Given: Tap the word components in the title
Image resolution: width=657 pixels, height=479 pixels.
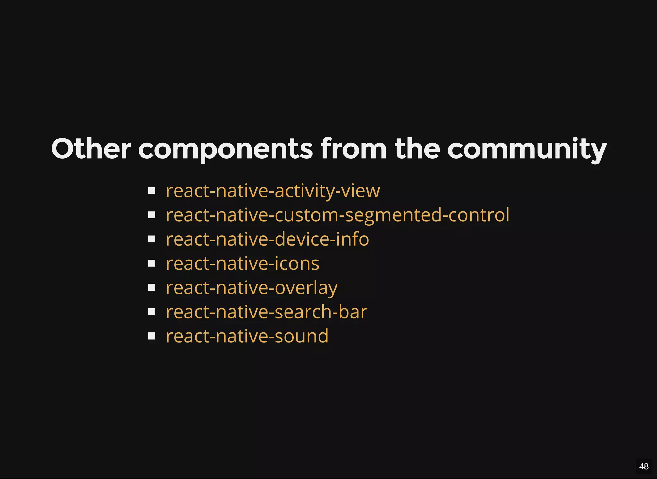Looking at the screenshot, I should pyautogui.click(x=225, y=149).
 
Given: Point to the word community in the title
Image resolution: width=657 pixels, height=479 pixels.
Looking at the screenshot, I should pyautogui.click(x=527, y=149).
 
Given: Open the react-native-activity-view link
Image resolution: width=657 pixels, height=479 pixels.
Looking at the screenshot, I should pyautogui.click(x=273, y=191).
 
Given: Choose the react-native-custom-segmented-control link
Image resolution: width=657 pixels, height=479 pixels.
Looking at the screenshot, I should pyautogui.click(x=337, y=215).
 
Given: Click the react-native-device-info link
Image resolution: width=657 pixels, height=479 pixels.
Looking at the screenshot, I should pyautogui.click(x=267, y=239).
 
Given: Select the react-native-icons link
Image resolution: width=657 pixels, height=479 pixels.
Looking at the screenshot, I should pyautogui.click(x=243, y=264).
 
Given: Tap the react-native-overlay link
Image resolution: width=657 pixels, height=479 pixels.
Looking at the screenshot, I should pyautogui.click(x=252, y=288).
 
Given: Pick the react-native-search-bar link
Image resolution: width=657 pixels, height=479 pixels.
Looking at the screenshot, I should pyautogui.click(x=266, y=312).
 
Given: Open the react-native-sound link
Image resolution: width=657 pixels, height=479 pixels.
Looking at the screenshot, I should pyautogui.click(x=247, y=336).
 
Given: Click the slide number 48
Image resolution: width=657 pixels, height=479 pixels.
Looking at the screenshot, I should pyautogui.click(x=644, y=466).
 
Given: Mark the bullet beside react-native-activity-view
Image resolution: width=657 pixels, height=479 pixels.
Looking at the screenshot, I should pyautogui.click(x=152, y=191).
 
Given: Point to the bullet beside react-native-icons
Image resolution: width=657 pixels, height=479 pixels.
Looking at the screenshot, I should pyautogui.click(x=152, y=264).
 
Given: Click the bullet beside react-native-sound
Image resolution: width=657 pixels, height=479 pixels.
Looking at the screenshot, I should pyautogui.click(x=152, y=336).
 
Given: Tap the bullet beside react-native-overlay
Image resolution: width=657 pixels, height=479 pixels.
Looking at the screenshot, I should pyautogui.click(x=152, y=288).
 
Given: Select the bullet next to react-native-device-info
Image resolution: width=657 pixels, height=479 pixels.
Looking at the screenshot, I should pyautogui.click(x=152, y=239).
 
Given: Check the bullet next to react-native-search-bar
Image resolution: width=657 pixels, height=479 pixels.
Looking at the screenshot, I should pyautogui.click(x=152, y=312).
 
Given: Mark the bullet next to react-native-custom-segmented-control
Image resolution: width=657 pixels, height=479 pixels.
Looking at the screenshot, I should pyautogui.click(x=152, y=215).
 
